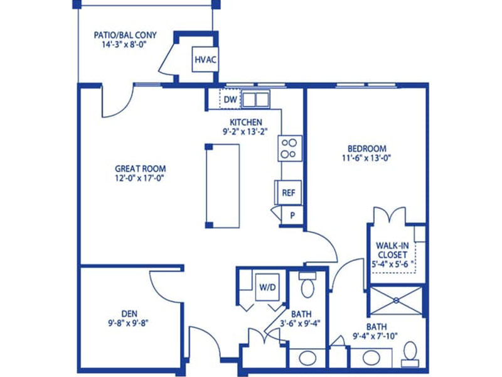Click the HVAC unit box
pyautogui.click(x=205, y=59)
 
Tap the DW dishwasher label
pyautogui.click(x=230, y=100)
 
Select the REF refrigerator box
pyautogui.click(x=288, y=193)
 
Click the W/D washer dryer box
pyautogui.click(x=267, y=287)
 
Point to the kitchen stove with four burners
pyautogui.click(x=290, y=148)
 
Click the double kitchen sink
pyautogui.click(x=255, y=99)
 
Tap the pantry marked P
pyautogui.click(x=292, y=216)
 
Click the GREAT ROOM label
pyautogui.click(x=140, y=168)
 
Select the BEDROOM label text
pyautogui.click(x=367, y=148)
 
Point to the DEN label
pyautogui.click(x=129, y=314)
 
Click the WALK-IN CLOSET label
pyautogui.click(x=392, y=250)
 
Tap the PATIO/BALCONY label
pyautogui.click(x=125, y=35)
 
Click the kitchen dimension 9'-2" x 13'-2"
pyautogui.click(x=245, y=131)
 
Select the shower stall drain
pyautogui.click(x=396, y=300)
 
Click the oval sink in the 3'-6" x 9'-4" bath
pyautogui.click(x=307, y=357)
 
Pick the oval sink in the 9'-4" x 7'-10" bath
pyautogui.click(x=371, y=357)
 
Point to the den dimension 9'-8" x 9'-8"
pyautogui.click(x=128, y=323)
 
